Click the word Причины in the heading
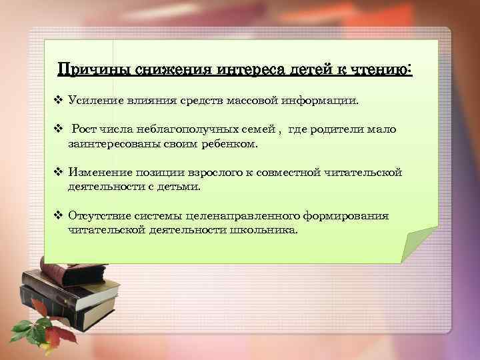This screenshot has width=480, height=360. (x=94, y=69)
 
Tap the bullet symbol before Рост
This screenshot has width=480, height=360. (x=57, y=129)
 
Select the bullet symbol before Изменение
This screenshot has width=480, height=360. (x=57, y=173)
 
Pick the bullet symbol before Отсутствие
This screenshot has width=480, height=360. (x=57, y=216)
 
